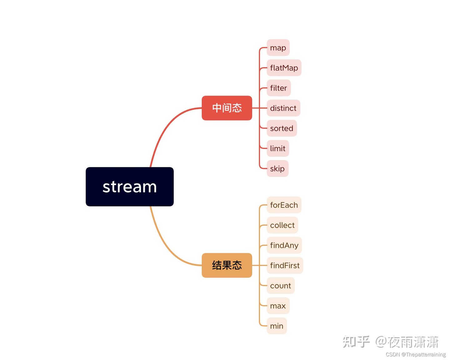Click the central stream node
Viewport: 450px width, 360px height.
tap(130, 187)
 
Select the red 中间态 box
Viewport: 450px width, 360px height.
tap(227, 108)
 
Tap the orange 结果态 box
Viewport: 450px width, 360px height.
tap(227, 265)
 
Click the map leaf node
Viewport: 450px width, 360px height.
tap(278, 48)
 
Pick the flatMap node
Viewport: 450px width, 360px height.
tap(284, 68)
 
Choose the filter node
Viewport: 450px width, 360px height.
tap(279, 88)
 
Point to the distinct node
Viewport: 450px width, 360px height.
tap(283, 108)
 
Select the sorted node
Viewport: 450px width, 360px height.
tap(282, 128)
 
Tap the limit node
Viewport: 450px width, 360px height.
tap(278, 148)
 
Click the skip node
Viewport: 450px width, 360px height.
tap(278, 169)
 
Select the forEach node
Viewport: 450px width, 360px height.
tap(284, 205)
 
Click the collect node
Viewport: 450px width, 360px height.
tap(282, 225)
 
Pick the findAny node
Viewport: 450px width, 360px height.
tap(284, 245)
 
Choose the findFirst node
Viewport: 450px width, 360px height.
tap(285, 265)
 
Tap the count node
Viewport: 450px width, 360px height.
tap(281, 286)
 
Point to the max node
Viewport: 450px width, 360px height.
tap(278, 306)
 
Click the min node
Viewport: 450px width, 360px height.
tap(277, 326)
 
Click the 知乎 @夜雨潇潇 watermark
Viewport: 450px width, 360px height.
tap(391, 342)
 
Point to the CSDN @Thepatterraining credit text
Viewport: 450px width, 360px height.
tap(416, 354)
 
